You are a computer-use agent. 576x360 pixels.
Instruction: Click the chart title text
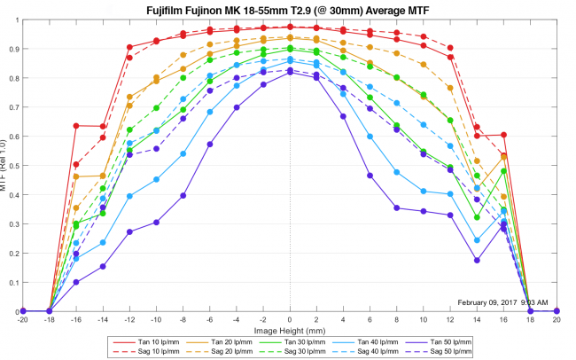click(x=289, y=8)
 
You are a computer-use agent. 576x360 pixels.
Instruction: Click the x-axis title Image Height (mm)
click(x=289, y=330)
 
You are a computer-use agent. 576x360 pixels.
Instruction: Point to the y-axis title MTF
click(x=7, y=168)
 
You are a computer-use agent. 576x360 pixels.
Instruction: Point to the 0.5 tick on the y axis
click(x=13, y=166)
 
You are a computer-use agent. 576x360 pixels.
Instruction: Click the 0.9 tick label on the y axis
click(x=13, y=49)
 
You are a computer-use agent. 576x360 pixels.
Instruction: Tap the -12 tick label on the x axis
click(x=129, y=321)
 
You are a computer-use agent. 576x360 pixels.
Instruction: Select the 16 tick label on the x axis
click(x=503, y=321)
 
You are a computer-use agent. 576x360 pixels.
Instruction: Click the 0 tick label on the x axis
click(x=290, y=321)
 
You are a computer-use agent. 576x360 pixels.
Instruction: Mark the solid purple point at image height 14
click(x=477, y=261)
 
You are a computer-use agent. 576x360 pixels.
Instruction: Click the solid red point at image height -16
click(x=76, y=126)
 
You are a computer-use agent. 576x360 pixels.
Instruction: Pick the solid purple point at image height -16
click(x=76, y=282)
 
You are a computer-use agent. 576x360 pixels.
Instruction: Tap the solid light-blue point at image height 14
click(x=477, y=240)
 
